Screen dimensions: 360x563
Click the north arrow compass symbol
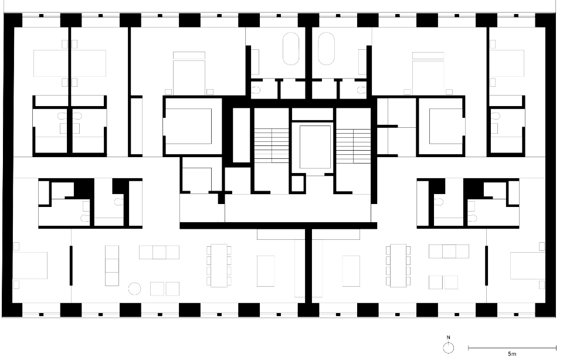(x=449, y=347)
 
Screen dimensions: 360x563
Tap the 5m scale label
(x=511, y=355)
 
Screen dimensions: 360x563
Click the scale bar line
(x=512, y=348)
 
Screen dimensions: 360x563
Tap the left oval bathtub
(x=291, y=48)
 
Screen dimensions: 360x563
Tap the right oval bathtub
(x=325, y=48)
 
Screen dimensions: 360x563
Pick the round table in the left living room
(x=135, y=288)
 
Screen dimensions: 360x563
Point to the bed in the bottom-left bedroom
(x=30, y=265)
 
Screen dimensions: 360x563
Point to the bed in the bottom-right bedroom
(x=526, y=265)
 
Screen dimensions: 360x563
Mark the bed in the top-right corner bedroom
(x=507, y=63)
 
